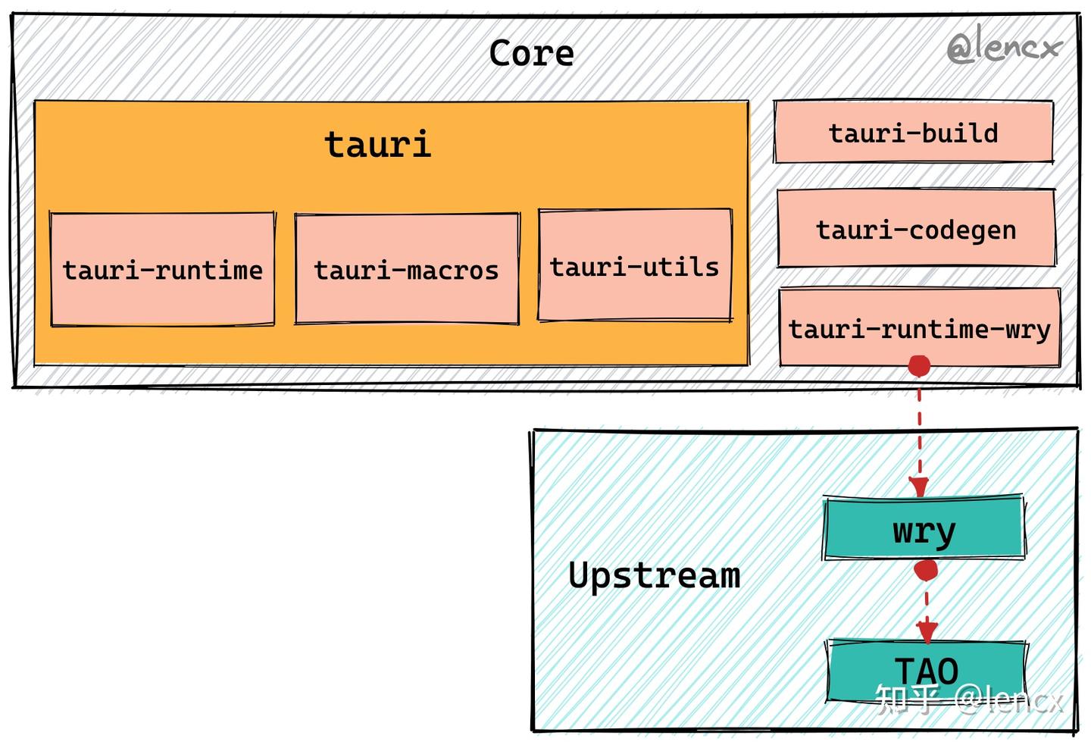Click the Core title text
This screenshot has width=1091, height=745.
click(531, 53)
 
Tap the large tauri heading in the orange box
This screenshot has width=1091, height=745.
click(378, 144)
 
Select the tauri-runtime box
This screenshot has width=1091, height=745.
click(163, 270)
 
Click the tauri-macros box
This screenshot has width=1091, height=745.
click(407, 269)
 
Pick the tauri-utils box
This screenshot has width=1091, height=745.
click(635, 265)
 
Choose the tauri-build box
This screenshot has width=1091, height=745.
click(914, 132)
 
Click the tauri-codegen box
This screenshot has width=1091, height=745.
click(917, 228)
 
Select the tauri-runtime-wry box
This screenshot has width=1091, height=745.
click(920, 327)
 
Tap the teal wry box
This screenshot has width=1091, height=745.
click(924, 527)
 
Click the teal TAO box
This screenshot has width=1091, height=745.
click(927, 671)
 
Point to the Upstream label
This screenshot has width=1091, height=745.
click(654, 577)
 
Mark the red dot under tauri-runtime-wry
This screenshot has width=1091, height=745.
click(919, 366)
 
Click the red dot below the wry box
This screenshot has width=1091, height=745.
click(925, 570)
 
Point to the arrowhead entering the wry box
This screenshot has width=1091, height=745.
click(918, 487)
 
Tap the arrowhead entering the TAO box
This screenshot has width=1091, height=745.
click(927, 632)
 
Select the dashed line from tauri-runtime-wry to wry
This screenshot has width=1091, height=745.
click(919, 431)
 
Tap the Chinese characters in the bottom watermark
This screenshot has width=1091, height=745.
click(907, 699)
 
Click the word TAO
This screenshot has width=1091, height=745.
click(927, 671)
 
